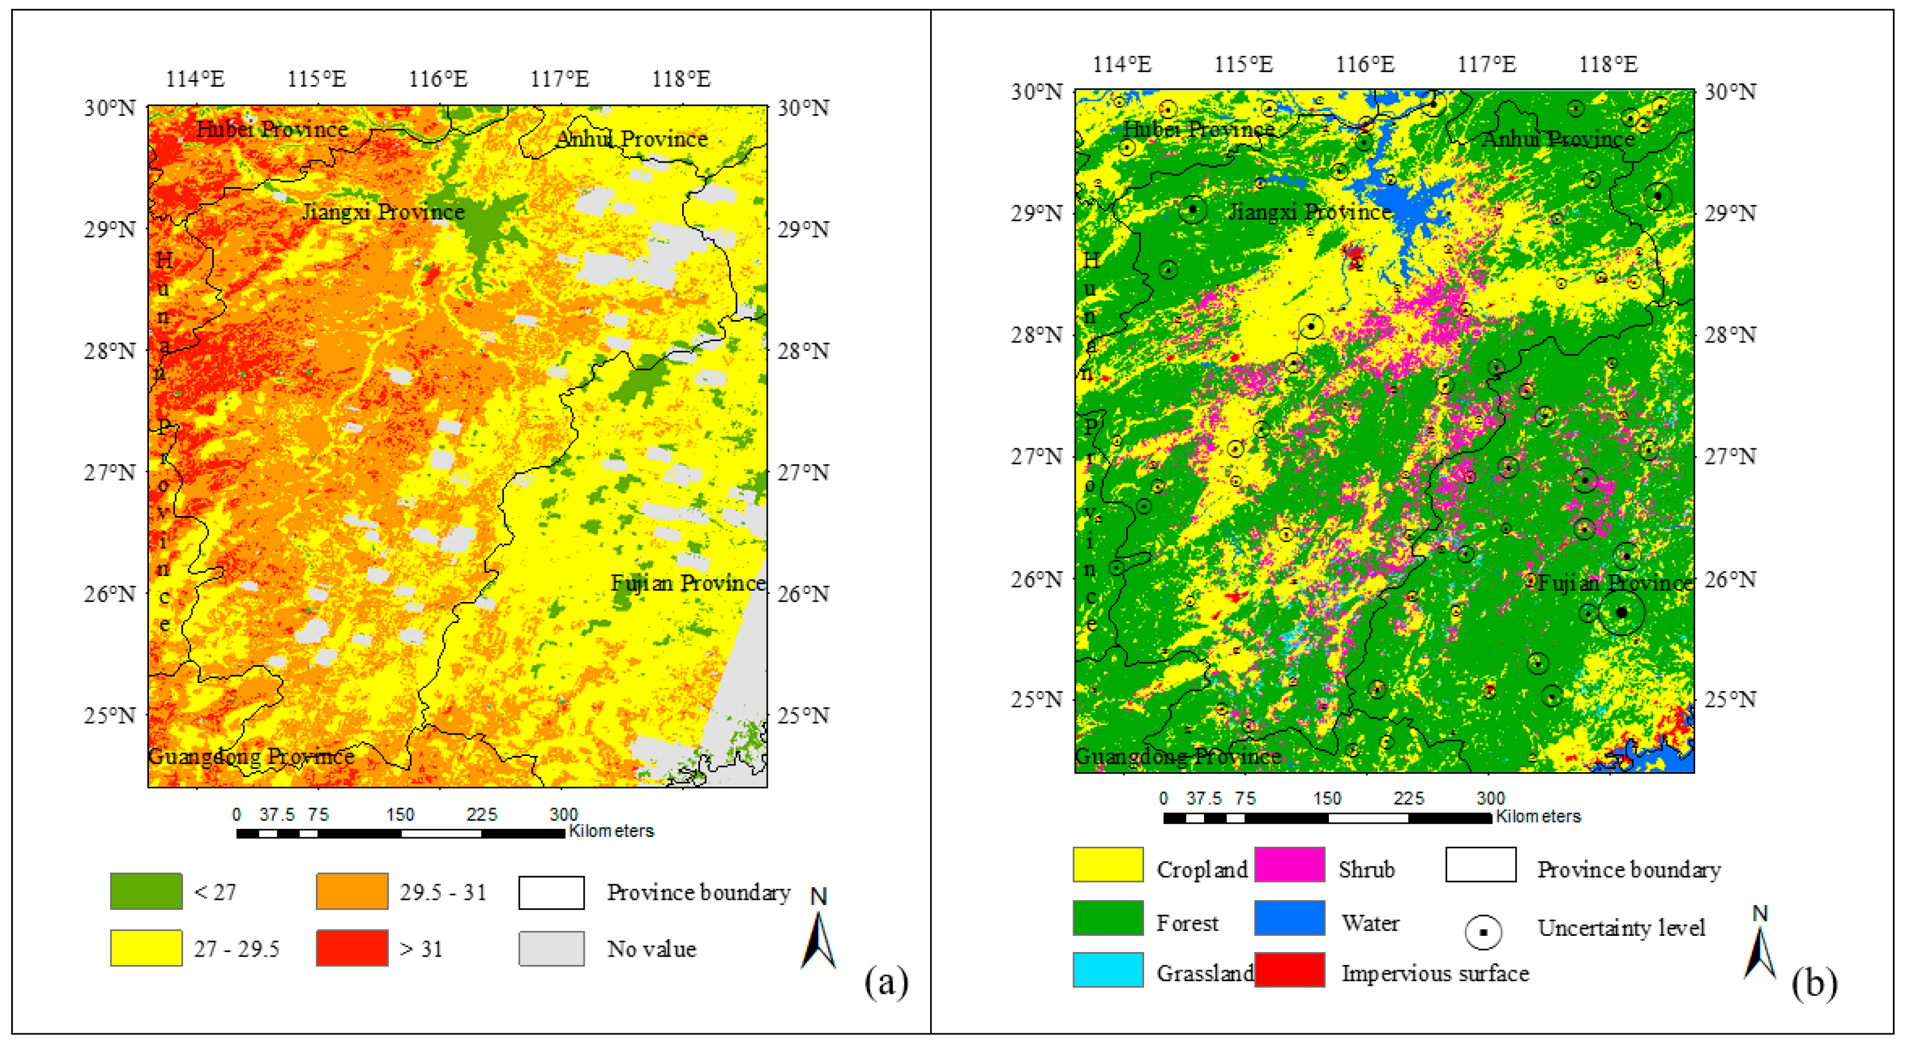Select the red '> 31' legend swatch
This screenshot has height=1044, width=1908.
[352, 948]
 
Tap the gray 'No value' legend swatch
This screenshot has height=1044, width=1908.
[551, 948]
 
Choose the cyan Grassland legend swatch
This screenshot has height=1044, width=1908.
[1108, 970]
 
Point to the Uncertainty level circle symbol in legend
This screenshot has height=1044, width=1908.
[1483, 932]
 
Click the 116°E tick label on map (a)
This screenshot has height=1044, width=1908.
[438, 78]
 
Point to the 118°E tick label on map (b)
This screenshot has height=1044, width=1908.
[1608, 64]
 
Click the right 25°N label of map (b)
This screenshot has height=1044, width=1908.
[1730, 699]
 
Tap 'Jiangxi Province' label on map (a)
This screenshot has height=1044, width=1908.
[383, 212]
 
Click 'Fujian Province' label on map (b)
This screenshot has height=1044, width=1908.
[1615, 583]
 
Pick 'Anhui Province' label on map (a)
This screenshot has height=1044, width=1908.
[632, 138]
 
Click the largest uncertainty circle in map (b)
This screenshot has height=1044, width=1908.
[1621, 613]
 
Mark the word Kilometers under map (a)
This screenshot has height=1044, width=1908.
[611, 830]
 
